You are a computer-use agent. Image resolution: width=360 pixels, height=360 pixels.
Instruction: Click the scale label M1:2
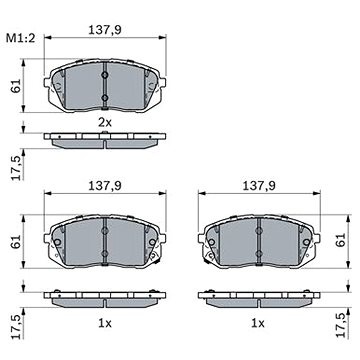coord(20,38)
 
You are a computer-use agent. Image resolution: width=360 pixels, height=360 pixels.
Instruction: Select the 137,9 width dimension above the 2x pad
coord(105,30)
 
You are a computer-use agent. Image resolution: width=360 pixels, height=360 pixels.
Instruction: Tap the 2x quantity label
coord(105,123)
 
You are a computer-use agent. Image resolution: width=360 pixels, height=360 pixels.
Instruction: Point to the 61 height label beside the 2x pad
coord(17,86)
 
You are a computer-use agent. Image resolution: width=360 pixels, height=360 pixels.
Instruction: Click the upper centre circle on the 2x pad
coord(105,76)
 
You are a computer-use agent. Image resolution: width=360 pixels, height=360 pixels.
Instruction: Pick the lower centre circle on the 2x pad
coord(105,98)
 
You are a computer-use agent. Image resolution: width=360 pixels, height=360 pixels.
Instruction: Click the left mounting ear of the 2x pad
coord(47,82)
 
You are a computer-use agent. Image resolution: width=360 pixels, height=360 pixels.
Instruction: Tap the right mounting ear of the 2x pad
coord(162,82)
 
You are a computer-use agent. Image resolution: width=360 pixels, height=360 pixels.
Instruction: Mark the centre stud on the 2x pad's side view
coord(105,132)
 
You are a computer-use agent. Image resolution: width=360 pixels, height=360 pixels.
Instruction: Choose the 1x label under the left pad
coord(105,323)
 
